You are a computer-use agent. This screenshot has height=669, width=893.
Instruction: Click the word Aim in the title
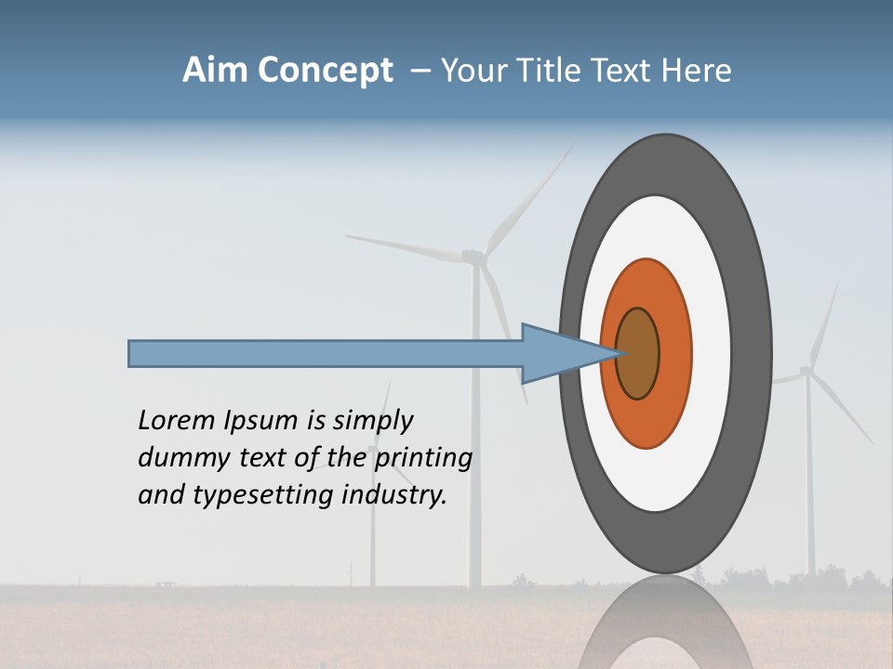tap(215, 71)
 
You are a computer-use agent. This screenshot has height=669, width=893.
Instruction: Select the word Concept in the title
tap(326, 72)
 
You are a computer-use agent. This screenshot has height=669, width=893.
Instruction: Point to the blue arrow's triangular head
tap(558, 353)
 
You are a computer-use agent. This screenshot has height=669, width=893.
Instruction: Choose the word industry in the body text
tap(394, 494)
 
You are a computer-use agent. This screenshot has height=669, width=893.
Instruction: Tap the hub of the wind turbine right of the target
tap(806, 372)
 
